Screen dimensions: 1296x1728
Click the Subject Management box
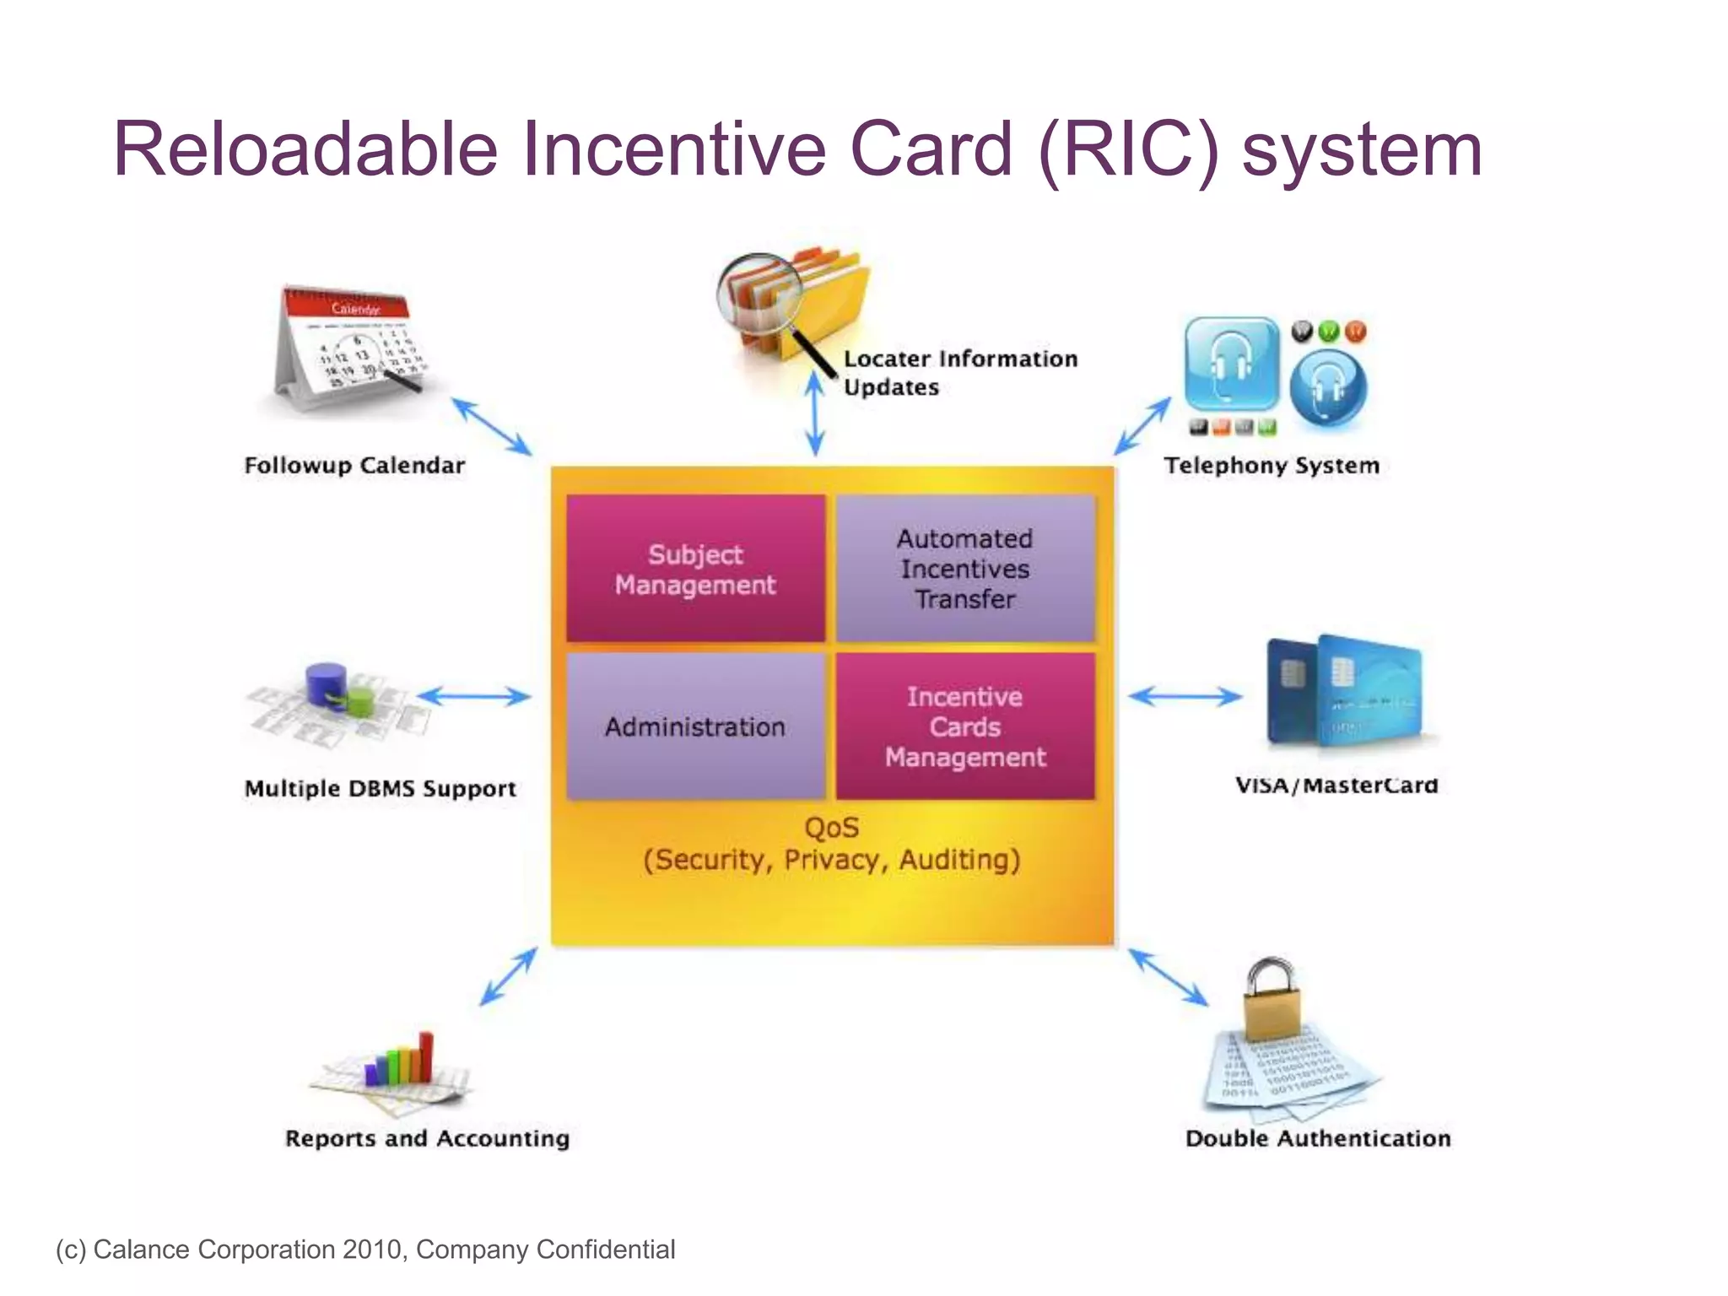[x=695, y=568]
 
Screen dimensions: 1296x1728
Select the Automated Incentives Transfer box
[x=965, y=568]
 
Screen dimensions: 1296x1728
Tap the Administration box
[x=695, y=726]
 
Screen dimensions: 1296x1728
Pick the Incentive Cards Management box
[x=965, y=726]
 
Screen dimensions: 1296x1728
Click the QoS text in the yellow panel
[x=831, y=828]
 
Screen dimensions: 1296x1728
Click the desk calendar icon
[x=348, y=346]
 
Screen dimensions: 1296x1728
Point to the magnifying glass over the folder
[x=759, y=295]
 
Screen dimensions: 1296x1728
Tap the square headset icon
[x=1231, y=364]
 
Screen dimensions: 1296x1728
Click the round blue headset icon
[x=1328, y=387]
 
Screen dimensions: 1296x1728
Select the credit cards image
[x=1345, y=692]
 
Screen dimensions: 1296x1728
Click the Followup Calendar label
[x=354, y=465]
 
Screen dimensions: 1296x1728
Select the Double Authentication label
[x=1318, y=1138]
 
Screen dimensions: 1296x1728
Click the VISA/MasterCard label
[x=1336, y=786]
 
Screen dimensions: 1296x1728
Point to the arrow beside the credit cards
[x=1185, y=696]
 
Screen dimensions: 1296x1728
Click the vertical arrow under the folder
[x=814, y=413]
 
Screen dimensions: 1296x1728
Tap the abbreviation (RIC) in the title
[x=1129, y=149]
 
